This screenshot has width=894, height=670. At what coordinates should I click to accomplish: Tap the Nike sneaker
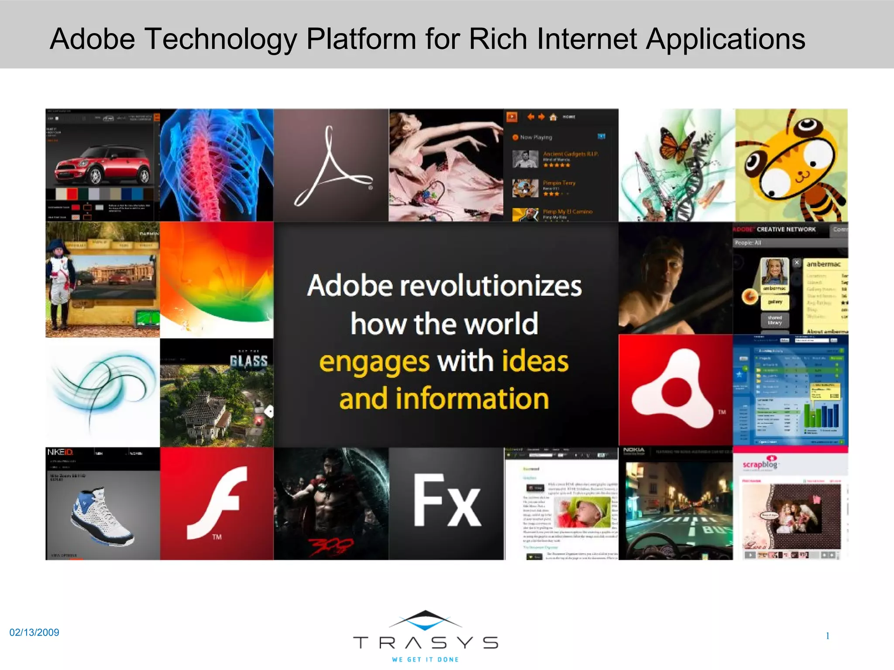pos(103,517)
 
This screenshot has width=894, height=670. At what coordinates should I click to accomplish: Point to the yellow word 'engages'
pos(375,362)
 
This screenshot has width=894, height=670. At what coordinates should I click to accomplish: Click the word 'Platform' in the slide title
pos(361,39)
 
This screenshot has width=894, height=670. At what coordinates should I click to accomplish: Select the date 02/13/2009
pos(34,632)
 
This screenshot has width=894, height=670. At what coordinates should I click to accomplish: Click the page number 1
pos(827,636)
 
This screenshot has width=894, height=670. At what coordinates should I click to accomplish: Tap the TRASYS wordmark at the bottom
pos(425,643)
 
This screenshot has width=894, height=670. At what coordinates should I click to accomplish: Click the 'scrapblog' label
pos(760,465)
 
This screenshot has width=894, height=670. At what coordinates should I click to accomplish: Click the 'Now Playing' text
pos(536,137)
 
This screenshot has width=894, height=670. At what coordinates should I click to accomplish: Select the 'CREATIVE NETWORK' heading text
pos(786,229)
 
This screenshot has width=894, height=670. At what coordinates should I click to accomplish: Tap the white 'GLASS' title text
pos(249,361)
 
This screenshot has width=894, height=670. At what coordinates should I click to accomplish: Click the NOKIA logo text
pos(634,450)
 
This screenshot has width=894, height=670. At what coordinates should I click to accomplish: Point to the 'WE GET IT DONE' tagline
pos(425,660)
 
